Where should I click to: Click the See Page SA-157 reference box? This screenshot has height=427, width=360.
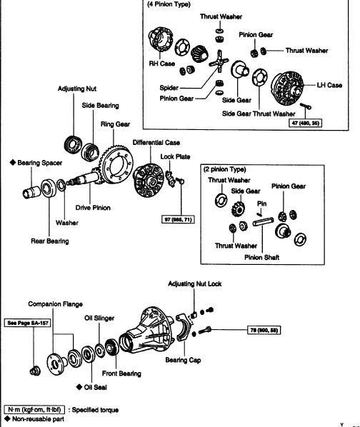pos(28,323)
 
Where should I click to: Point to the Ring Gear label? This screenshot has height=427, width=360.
pos(115,124)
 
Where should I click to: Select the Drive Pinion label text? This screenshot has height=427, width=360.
pos(93,208)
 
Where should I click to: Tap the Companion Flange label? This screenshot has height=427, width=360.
pos(55,304)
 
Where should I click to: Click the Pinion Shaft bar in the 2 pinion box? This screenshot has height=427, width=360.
pos(263,221)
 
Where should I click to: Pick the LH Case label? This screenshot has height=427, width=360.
pos(329,85)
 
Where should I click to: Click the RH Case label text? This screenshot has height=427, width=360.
pos(161,64)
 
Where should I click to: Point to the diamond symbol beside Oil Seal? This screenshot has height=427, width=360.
pos(79,387)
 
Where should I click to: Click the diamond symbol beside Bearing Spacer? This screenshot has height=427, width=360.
pos(13,162)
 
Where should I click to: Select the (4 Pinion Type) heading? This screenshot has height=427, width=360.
pos(169,4)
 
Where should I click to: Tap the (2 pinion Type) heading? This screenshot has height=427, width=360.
pos(225,169)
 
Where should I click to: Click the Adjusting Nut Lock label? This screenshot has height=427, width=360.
pos(195,283)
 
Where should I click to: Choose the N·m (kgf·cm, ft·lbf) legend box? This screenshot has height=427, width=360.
pos(34,410)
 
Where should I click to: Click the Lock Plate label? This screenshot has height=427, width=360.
pos(175,156)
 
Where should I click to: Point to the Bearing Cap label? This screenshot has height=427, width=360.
pos(183,360)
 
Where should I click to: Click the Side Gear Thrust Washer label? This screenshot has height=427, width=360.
pos(259,114)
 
